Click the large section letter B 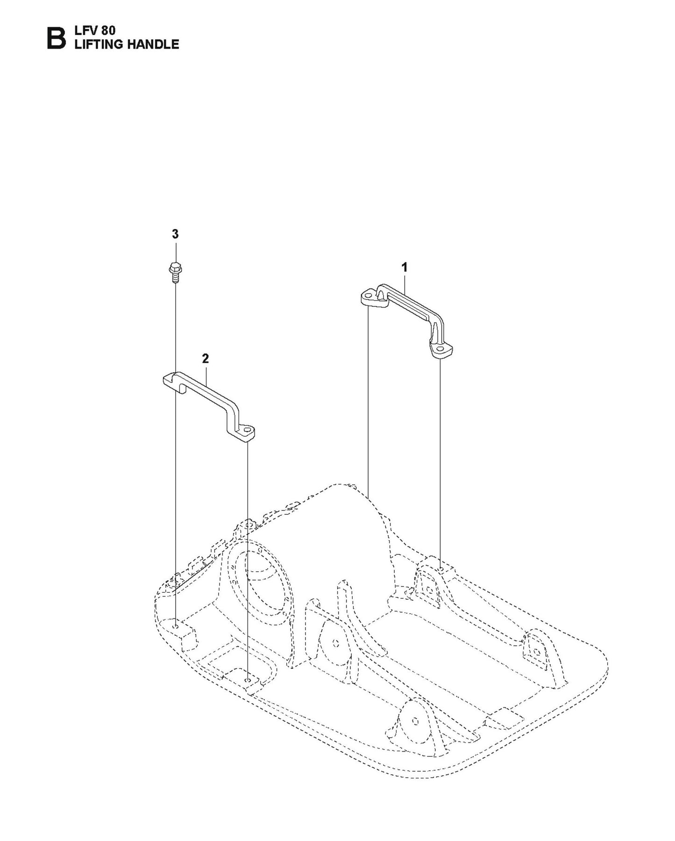pos(56,38)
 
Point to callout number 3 pos(175,234)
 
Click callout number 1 pos(405,267)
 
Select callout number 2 pos(205,359)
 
